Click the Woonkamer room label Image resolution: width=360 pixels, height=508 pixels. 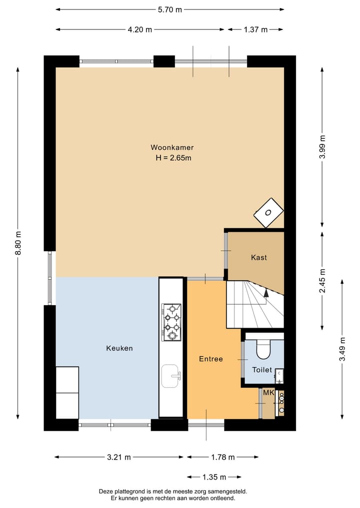point(172,147)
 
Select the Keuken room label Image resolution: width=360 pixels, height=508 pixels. point(119,348)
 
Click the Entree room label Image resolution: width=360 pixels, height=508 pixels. point(210,359)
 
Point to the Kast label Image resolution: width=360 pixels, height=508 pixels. point(258,258)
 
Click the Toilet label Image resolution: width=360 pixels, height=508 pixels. point(262,370)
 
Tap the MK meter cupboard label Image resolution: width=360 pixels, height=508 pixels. point(268,393)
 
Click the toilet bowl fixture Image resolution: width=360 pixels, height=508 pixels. point(263,349)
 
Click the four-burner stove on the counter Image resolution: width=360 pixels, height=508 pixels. point(171,322)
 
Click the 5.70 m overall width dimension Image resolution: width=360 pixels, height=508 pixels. point(169,9)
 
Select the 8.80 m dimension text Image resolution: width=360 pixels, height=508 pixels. point(18,243)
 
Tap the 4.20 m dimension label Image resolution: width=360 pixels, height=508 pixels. point(140,29)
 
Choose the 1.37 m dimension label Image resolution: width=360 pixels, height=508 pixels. point(255,29)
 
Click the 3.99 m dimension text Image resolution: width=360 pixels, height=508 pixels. point(322,147)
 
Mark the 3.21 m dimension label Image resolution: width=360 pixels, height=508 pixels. point(119,457)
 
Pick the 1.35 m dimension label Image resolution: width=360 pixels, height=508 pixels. point(214,477)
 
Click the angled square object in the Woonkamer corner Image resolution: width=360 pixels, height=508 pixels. point(268,213)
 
